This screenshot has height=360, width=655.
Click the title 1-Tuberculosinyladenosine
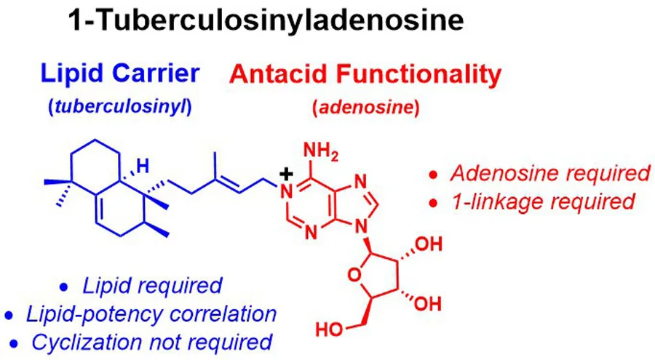(266, 20)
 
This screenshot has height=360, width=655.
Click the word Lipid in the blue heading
(72, 73)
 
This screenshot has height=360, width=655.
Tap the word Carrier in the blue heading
(156, 73)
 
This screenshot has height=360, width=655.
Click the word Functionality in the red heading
(419, 75)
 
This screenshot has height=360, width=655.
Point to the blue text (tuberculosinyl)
(120, 108)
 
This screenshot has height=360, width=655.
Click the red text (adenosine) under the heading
(366, 108)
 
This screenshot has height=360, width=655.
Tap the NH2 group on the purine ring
(321, 151)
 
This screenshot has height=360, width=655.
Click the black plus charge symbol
(286, 174)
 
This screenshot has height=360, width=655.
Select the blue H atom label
(143, 167)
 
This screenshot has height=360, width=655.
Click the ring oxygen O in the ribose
(354, 275)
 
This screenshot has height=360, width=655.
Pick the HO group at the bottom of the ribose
(330, 329)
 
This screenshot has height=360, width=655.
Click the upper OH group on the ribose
(428, 244)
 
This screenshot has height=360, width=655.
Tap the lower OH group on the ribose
(428, 303)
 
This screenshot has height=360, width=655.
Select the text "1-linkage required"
(544, 201)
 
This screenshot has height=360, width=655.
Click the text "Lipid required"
(153, 286)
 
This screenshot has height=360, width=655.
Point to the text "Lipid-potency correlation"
(151, 313)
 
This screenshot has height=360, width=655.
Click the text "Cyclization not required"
(152, 342)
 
